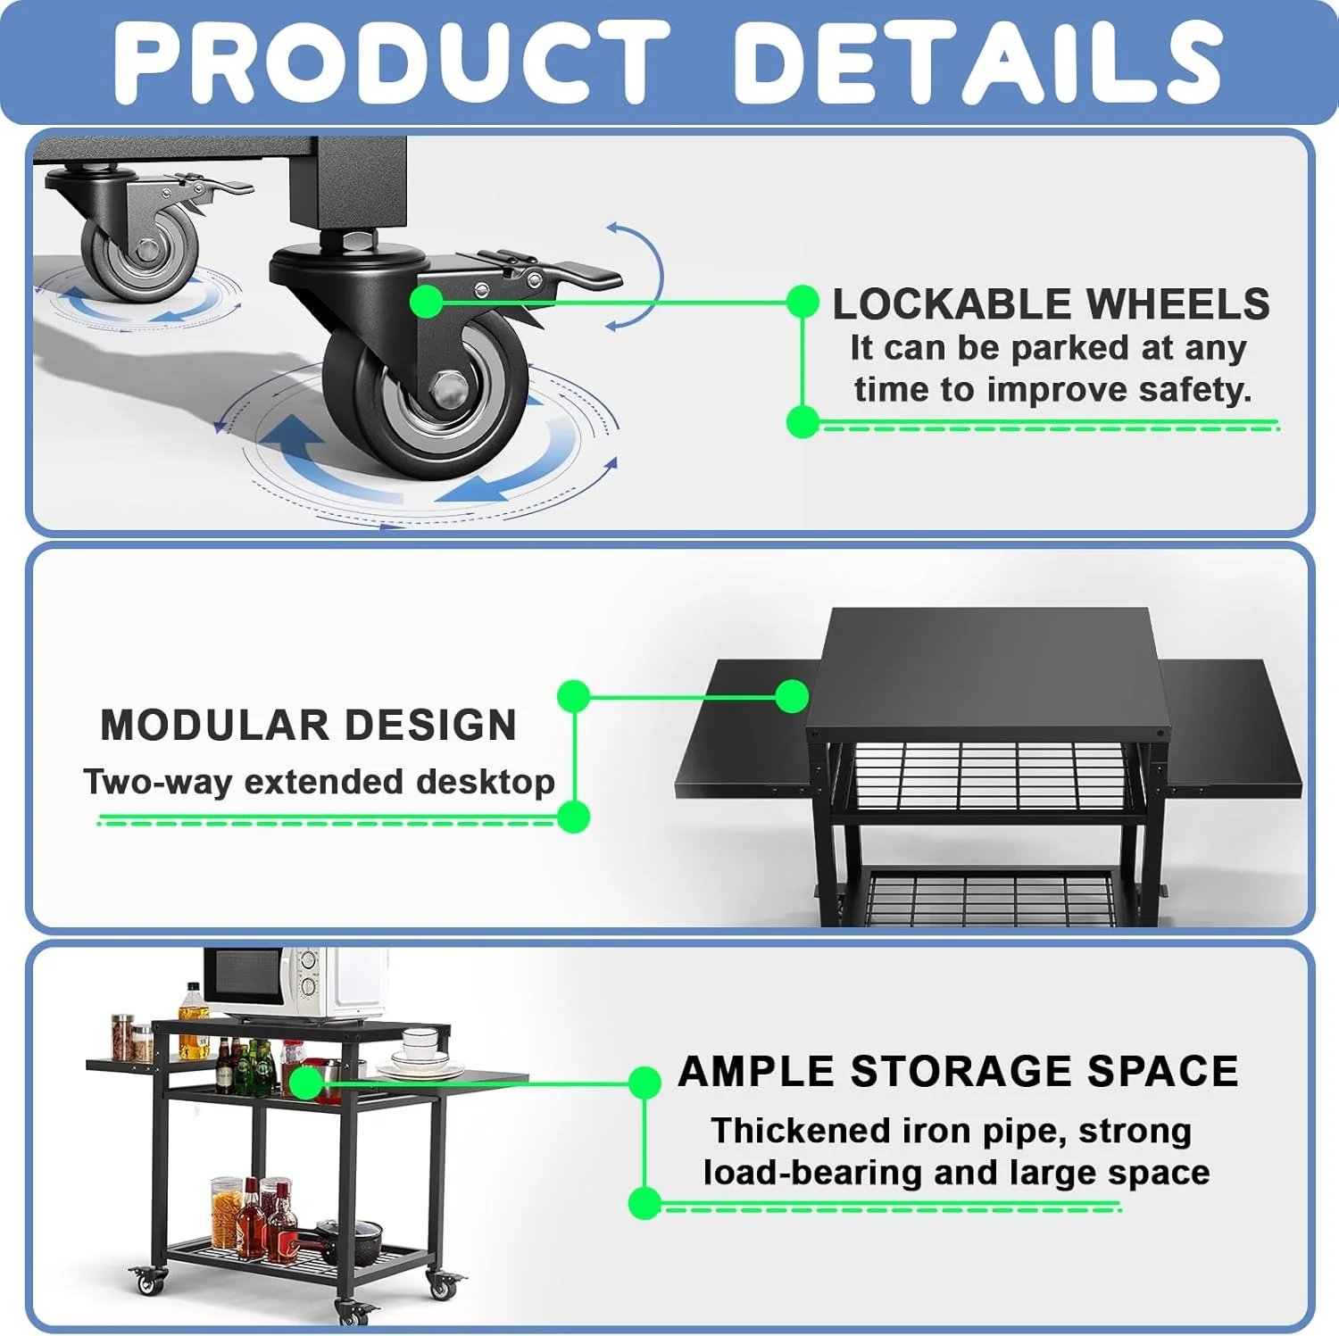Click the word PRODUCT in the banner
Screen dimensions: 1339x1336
392,61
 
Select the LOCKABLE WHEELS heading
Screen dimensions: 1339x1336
1051,304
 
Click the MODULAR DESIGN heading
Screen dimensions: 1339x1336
309,725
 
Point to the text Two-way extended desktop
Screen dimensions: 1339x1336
319,782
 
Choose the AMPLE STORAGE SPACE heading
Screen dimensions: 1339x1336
958,1071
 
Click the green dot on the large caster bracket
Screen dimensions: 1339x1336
427,302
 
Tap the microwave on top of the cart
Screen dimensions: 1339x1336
295,983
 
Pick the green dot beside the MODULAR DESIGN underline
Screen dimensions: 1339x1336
572,817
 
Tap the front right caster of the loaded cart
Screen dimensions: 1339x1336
442,1285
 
